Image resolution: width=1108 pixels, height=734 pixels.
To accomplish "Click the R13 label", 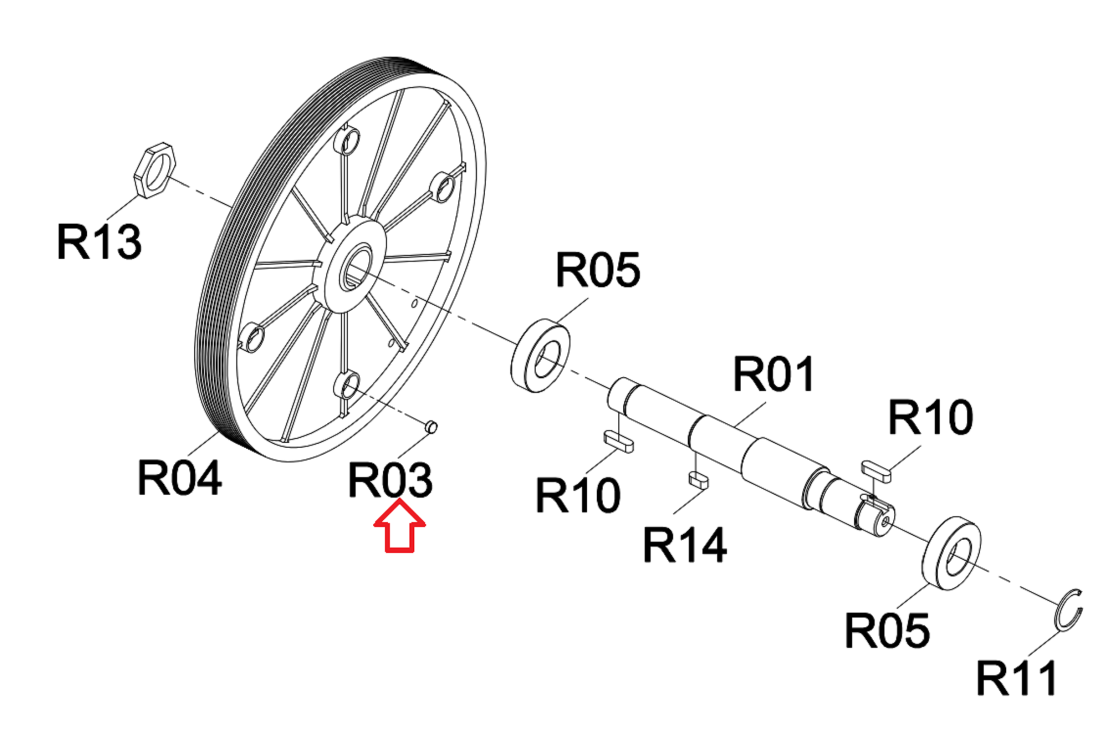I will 99,242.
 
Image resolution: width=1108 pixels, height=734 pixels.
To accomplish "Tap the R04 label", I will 179,477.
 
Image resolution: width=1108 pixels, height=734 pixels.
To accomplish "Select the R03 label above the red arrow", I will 390,480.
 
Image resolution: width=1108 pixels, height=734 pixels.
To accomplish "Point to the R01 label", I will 773,374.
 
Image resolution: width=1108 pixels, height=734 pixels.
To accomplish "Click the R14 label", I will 684,545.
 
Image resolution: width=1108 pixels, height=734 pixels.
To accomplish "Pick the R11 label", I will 1016,678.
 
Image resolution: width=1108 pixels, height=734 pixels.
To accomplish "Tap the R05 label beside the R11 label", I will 887,631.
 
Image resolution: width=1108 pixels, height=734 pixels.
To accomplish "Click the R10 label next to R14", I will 578,495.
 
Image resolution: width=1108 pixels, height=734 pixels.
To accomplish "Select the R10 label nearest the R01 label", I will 931,417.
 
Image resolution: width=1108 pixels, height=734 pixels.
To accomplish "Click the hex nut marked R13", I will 154,171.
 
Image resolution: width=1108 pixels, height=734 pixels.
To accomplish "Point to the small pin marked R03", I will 431,427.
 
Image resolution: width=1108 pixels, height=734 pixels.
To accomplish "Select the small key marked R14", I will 698,480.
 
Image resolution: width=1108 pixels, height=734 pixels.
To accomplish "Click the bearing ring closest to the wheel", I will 540,356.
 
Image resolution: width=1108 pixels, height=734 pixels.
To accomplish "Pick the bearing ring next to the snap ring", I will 951,553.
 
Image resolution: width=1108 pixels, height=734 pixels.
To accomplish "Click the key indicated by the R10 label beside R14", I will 618,441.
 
